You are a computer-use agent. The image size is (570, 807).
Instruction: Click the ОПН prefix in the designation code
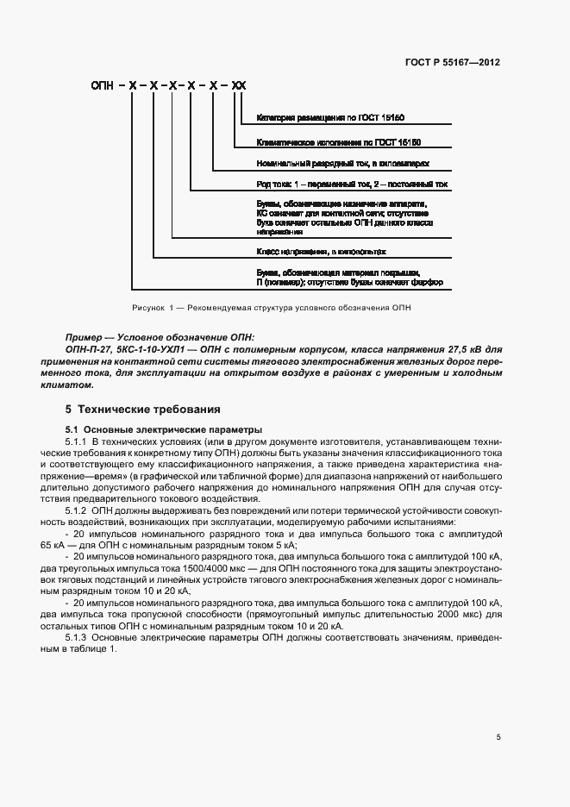(x=103, y=86)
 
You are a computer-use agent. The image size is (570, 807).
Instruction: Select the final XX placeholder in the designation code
(x=239, y=86)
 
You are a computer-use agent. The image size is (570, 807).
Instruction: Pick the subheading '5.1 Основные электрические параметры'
(x=164, y=429)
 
